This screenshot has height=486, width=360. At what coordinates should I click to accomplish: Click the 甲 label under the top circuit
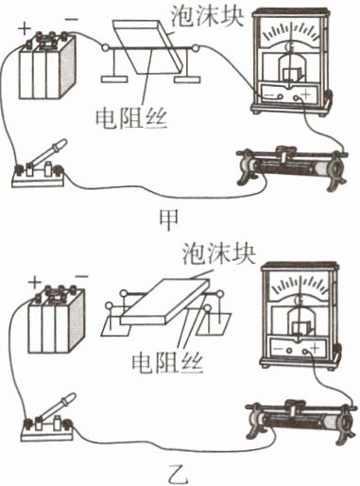pos(169,219)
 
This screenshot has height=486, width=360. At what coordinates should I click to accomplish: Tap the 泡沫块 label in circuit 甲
pos(207,15)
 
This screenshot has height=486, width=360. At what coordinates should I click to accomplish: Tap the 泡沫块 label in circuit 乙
pos(219,254)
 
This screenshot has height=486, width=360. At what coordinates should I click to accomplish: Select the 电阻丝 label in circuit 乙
pos(167,363)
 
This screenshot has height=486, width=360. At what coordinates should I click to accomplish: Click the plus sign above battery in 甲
pos(25,29)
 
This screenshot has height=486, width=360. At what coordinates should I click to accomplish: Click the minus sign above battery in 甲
pos(71,19)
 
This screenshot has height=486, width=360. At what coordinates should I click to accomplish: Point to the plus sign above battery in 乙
pos(35,282)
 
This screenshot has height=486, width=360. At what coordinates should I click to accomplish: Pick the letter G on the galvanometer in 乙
pos(298,301)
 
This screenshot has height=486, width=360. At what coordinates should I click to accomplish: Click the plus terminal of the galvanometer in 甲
pos(296,98)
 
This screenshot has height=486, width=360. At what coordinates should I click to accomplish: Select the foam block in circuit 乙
pos(164,302)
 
